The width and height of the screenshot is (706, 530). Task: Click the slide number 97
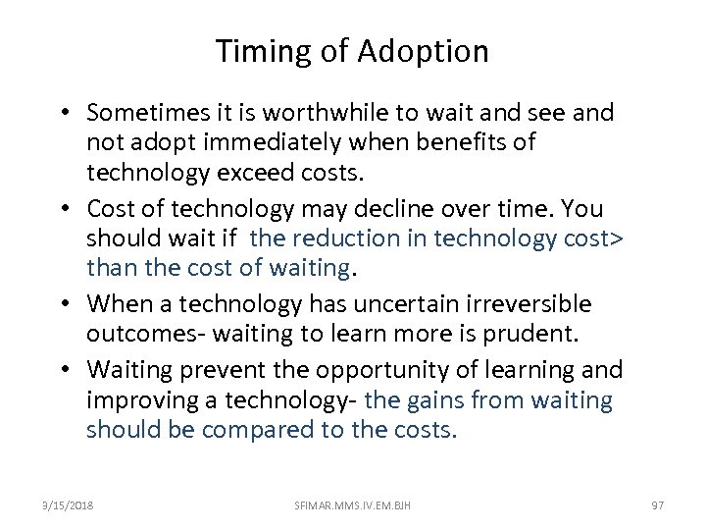658,503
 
